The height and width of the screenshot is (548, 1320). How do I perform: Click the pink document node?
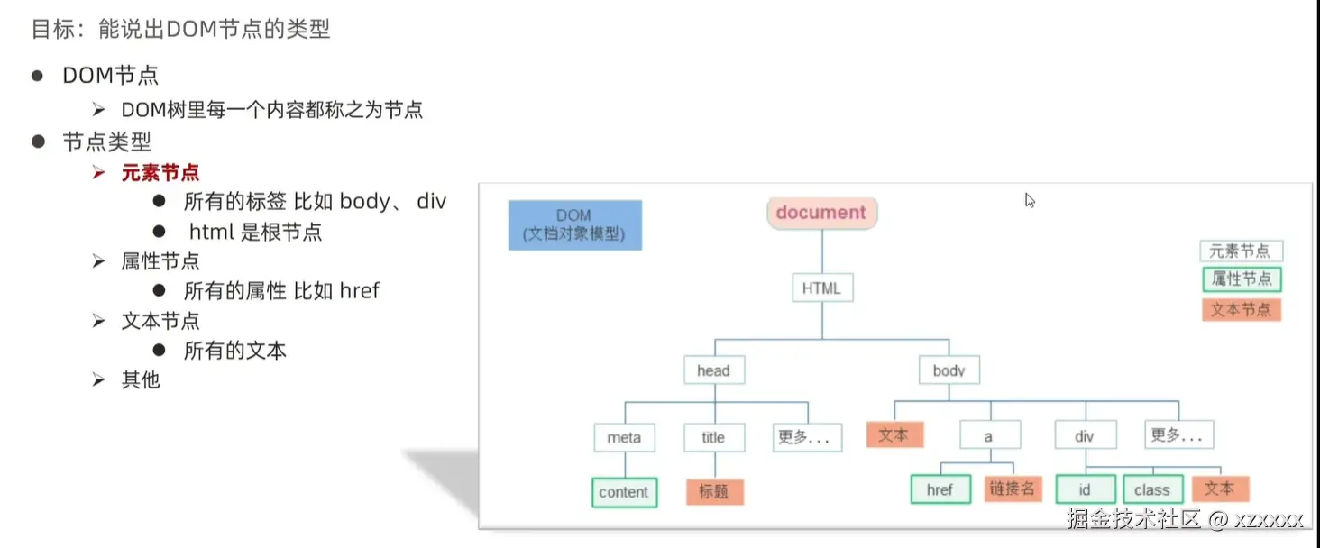click(x=822, y=213)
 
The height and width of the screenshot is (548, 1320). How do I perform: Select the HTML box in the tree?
click(x=822, y=288)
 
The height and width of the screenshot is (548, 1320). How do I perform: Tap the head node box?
click(x=714, y=370)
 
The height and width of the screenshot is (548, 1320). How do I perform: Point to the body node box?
click(x=949, y=370)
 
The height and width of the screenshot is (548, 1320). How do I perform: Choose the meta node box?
click(x=624, y=437)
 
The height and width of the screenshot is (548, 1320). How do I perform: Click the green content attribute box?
click(x=624, y=492)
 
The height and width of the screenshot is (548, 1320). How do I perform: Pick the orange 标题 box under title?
click(x=715, y=491)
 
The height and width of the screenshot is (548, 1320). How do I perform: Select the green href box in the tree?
click(x=940, y=489)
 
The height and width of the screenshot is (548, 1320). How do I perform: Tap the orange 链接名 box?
click(x=1013, y=489)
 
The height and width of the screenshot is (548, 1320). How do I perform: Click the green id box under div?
click(x=1086, y=489)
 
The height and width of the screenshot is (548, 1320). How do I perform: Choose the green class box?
click(x=1152, y=489)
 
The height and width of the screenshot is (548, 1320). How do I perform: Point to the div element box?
click(x=1086, y=435)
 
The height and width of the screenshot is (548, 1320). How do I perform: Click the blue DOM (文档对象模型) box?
click(x=575, y=225)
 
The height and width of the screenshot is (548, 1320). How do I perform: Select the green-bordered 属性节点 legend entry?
click(x=1242, y=279)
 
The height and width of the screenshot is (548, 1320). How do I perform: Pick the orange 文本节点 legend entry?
click(x=1242, y=310)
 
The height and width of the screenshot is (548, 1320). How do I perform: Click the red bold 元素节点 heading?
click(x=160, y=173)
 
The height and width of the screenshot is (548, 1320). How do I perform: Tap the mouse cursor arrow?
click(x=1030, y=200)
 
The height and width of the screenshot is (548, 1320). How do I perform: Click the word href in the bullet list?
click(x=360, y=290)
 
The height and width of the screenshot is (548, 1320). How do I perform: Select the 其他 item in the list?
click(x=141, y=379)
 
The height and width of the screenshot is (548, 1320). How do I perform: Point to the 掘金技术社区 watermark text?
click(x=1133, y=519)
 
